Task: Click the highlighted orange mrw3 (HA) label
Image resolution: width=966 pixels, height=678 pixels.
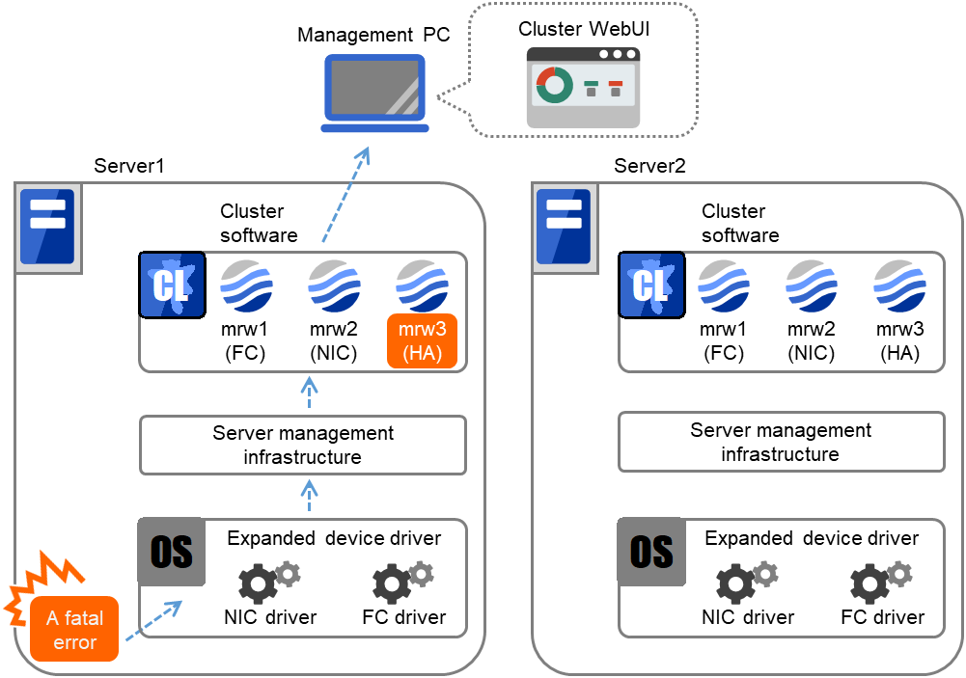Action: pos(422,342)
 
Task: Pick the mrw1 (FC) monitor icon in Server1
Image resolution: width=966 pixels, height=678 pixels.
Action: pos(246,285)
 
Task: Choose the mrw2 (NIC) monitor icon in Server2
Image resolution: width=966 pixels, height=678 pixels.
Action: pos(812,285)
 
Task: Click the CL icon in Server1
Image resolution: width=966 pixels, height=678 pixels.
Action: pos(173,285)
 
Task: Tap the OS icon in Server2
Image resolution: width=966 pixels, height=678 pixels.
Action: pos(650,552)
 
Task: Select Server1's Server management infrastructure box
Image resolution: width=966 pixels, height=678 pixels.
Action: pos(303,445)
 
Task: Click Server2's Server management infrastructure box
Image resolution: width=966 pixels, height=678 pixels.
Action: pos(781,442)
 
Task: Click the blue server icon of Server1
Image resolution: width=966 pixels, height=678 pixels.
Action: pos(47,226)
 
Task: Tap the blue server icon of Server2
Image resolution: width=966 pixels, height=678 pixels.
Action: pos(565,226)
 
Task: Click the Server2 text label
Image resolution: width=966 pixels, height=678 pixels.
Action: pos(649,166)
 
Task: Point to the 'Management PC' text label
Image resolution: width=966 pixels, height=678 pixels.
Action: pos(373,36)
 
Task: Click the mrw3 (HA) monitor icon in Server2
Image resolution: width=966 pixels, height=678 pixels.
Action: pos(899,285)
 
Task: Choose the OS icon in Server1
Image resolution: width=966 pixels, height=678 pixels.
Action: pos(171,552)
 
